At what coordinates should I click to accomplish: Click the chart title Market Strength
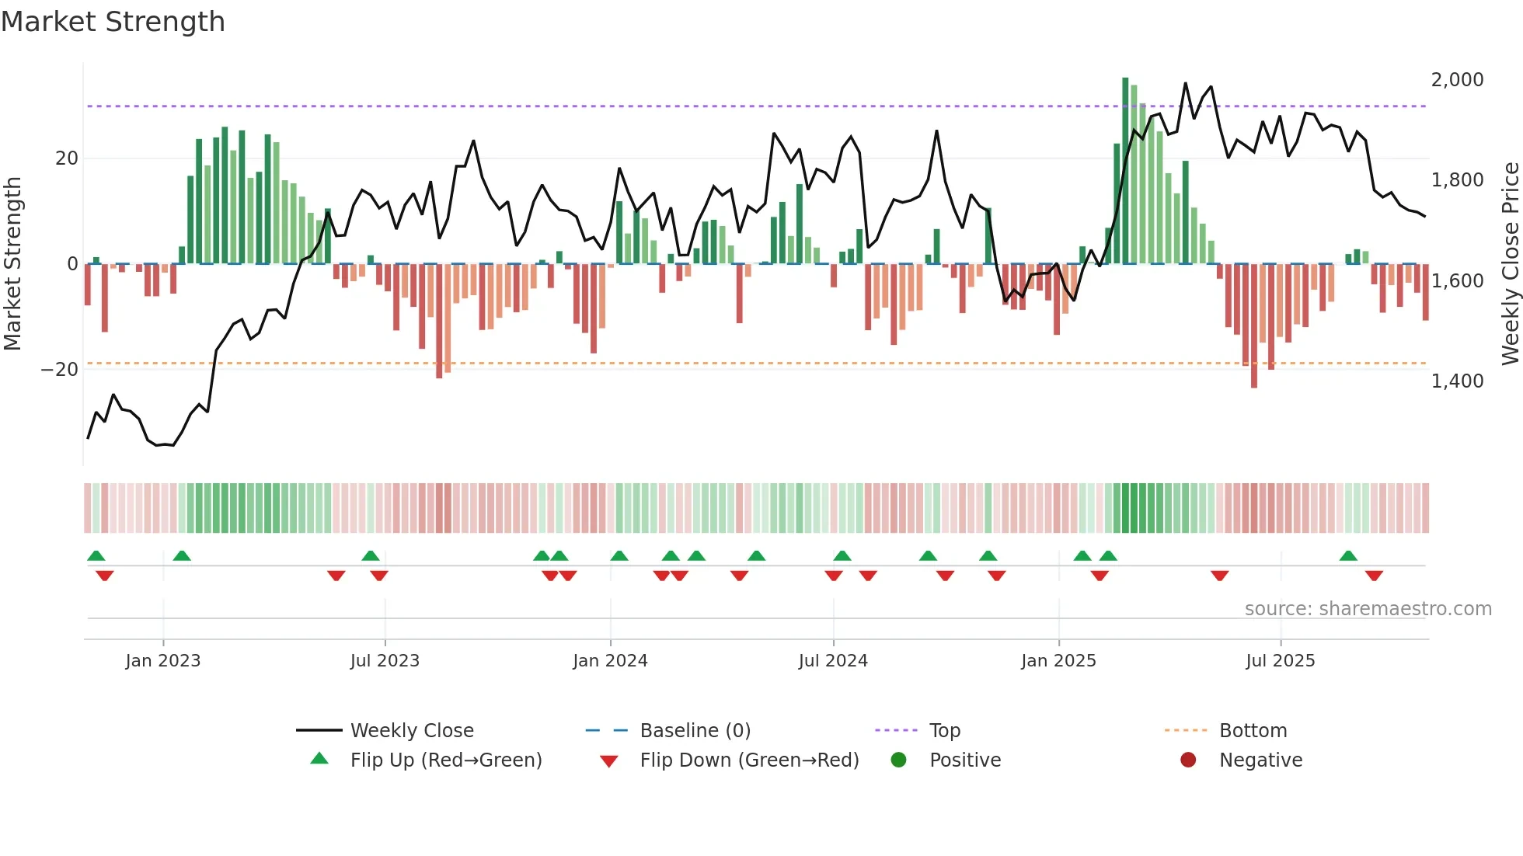(113, 22)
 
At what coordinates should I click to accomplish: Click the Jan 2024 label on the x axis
(610, 661)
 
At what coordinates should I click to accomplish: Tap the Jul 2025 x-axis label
(1280, 661)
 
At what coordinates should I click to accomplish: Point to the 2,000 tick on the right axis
(1457, 80)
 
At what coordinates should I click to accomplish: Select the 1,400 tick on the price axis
(1457, 381)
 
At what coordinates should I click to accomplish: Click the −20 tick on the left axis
(60, 370)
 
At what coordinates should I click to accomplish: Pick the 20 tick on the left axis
(67, 158)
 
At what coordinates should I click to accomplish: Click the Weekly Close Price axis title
(1510, 264)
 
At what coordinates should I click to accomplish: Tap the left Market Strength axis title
(13, 264)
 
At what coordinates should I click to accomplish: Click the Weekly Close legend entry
(411, 731)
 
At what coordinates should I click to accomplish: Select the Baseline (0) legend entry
(695, 731)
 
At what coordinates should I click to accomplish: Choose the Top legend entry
(944, 731)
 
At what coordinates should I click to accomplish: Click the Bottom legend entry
(1253, 731)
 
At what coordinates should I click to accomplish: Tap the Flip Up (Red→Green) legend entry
(445, 760)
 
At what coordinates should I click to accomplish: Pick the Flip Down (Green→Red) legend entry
(749, 760)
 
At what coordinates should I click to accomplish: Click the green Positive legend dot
(899, 760)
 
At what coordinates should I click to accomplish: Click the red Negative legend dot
(1188, 760)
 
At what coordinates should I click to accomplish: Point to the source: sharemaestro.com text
(1368, 609)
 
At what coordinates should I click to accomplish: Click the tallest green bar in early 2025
(1125, 171)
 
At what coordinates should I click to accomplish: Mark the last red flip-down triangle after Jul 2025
(1374, 576)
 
